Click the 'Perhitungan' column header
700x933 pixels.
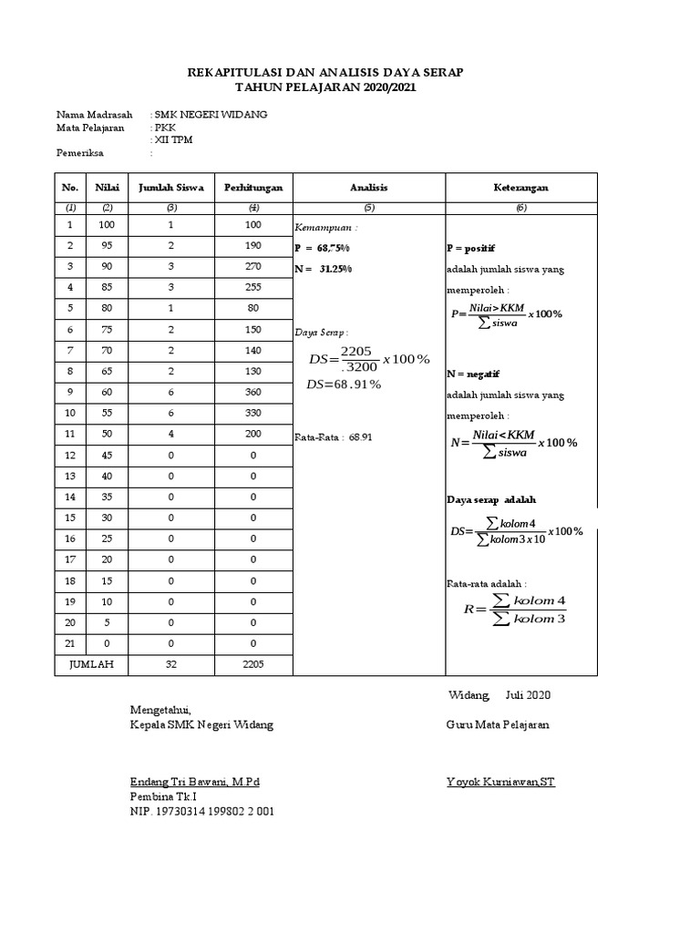[x=253, y=188]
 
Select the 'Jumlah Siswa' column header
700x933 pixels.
[x=170, y=188]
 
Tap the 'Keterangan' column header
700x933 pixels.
[x=520, y=188]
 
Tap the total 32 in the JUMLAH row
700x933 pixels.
[x=170, y=664]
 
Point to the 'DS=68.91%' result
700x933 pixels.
[x=345, y=384]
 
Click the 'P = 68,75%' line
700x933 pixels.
[x=324, y=248]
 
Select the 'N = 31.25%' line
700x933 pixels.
[x=324, y=269]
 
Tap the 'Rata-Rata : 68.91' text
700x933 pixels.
[x=334, y=437]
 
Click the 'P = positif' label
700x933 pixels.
[x=471, y=248]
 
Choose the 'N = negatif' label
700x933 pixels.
[x=473, y=374]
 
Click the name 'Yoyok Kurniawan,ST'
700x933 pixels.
[x=500, y=782]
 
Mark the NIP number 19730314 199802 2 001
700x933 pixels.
[x=202, y=810]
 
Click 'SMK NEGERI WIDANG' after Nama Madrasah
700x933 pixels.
[x=211, y=115]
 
